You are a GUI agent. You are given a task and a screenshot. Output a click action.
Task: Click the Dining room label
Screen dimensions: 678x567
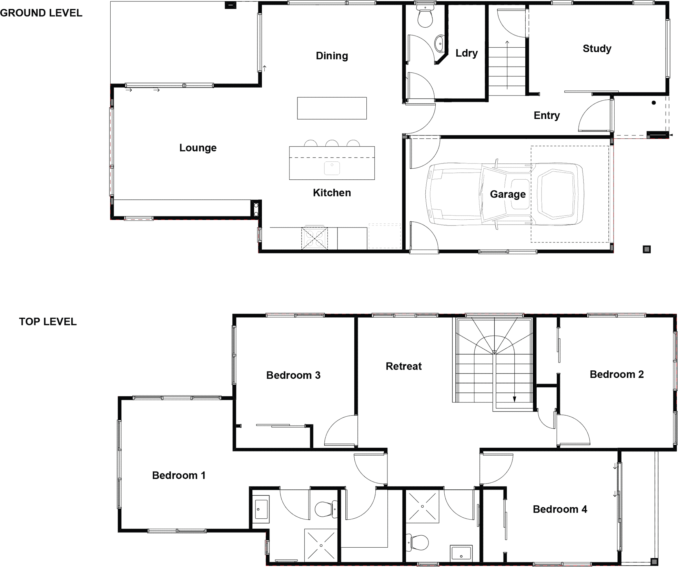click(332, 56)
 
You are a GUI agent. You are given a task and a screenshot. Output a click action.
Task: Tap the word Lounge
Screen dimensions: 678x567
click(198, 148)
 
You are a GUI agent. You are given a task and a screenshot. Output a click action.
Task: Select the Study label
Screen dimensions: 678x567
click(597, 49)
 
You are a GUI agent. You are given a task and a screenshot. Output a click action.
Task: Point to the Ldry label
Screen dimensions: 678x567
click(466, 53)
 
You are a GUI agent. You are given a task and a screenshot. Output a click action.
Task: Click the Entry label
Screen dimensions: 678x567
click(547, 116)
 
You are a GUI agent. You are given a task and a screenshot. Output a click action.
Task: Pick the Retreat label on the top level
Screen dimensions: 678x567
click(404, 366)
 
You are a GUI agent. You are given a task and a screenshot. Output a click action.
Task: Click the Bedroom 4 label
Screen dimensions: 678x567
click(560, 509)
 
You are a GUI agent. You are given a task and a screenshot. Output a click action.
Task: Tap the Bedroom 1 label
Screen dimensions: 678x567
click(179, 476)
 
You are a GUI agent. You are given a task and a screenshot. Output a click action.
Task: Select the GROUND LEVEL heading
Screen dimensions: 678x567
click(41, 13)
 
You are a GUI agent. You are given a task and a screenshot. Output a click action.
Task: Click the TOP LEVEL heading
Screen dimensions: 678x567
click(48, 322)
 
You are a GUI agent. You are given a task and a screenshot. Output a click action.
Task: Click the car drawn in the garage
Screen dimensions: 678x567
click(505, 194)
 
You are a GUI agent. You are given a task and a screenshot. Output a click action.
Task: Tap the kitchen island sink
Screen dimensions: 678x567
click(332, 168)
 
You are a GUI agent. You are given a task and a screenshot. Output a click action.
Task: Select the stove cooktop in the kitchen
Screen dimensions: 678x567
click(315, 238)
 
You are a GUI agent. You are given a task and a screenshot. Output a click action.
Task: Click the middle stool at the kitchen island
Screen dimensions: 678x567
click(332, 143)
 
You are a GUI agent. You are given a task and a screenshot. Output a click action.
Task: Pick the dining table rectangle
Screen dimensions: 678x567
click(332, 108)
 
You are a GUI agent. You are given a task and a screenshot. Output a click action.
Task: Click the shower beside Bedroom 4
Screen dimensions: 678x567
click(423, 506)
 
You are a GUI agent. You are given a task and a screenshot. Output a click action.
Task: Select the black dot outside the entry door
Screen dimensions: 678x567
click(654, 102)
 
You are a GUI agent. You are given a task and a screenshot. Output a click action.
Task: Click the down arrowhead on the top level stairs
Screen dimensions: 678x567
click(515, 399)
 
